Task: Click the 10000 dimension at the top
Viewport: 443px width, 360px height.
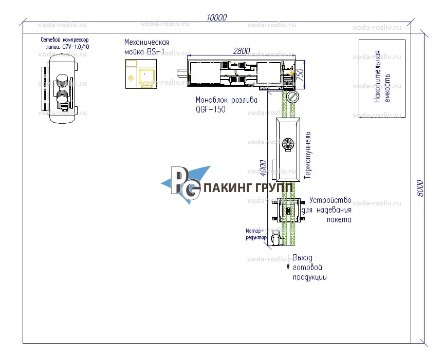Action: coord(216,17)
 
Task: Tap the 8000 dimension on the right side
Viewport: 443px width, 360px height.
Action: coord(419,188)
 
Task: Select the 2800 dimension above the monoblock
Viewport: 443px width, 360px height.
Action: coord(241,50)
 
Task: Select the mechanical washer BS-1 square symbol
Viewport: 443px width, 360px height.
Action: coord(141,74)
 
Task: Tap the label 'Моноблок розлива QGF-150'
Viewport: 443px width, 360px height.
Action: coord(226,104)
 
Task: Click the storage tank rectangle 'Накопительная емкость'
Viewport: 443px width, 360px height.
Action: coord(381,78)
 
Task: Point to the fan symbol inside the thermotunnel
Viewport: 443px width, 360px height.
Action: coord(287,145)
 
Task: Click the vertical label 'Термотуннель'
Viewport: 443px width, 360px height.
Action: coord(308,154)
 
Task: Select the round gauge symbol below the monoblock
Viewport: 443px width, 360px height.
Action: coord(292,97)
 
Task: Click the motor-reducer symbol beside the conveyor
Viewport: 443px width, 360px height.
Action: coord(275,238)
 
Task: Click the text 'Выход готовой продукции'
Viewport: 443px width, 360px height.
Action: coord(309,267)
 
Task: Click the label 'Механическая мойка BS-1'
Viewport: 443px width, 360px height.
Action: coord(146,46)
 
